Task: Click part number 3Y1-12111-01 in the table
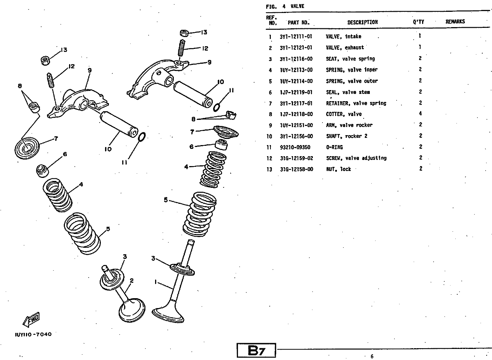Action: tap(296, 37)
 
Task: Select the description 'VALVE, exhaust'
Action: tap(345, 48)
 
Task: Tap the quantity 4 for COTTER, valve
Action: tap(420, 114)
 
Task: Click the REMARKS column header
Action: tap(455, 22)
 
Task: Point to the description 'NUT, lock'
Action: tap(338, 169)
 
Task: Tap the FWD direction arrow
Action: tap(31, 320)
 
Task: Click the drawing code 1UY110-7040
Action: tap(33, 334)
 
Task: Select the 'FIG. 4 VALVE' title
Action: tap(285, 6)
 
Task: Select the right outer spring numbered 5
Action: tap(200, 214)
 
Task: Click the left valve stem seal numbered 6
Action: tap(42, 170)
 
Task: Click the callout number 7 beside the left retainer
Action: tap(56, 139)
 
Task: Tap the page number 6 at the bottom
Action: tap(372, 357)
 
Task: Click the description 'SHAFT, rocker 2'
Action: tap(346, 136)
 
